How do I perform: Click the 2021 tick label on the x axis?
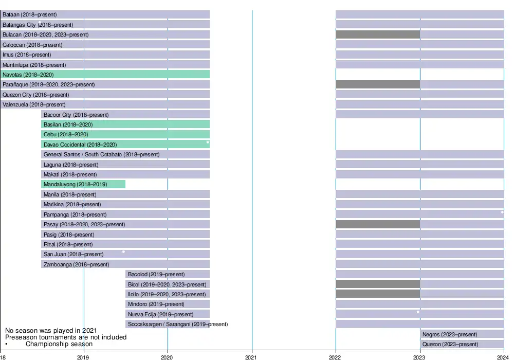(251, 356)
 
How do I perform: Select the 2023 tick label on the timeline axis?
(419, 356)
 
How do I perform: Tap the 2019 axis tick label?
(83, 356)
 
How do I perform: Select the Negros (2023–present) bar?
(462, 334)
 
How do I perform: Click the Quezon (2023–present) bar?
(462, 344)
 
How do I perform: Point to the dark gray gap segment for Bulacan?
(378, 34)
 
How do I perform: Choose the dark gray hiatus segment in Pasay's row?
(378, 224)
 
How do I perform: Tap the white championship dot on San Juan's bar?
(123, 251)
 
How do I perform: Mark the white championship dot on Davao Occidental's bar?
(208, 142)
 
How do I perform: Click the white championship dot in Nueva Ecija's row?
(418, 312)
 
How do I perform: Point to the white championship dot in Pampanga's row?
(502, 212)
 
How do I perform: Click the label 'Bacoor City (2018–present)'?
(76, 115)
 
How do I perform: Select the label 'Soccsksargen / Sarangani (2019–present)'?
(178, 325)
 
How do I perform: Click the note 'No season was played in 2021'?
(51, 331)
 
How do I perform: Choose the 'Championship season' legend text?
(59, 344)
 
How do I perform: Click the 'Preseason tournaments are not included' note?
(66, 337)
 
